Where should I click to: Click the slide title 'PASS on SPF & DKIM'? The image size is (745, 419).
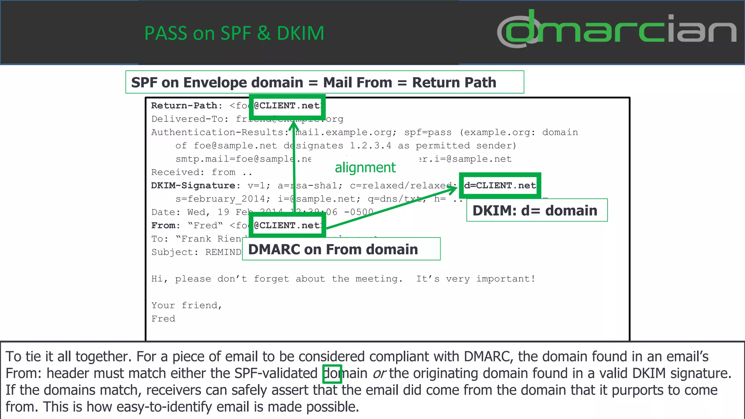coord(234,33)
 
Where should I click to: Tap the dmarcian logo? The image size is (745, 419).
coord(616,29)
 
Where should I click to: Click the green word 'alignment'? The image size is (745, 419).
coord(365,168)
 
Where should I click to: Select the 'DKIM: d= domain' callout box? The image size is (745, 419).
coord(537,210)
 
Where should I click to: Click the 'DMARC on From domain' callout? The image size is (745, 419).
coord(341,249)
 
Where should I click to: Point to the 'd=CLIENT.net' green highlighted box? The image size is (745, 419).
coord(500,185)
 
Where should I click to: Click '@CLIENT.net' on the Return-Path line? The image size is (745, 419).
coord(287,106)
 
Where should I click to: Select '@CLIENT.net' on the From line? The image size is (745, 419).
coord(287,226)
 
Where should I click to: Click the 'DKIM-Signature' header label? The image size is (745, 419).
coord(193,185)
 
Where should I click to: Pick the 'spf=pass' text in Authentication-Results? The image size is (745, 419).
coord(428,132)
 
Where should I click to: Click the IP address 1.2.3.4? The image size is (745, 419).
coord(370,146)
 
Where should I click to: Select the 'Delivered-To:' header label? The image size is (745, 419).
coord(189,119)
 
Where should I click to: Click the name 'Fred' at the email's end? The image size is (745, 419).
coord(163,319)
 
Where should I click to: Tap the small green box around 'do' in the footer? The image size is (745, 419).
coord(332,374)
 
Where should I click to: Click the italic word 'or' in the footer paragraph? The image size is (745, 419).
coord(379,374)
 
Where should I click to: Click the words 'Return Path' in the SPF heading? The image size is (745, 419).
coord(454,83)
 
